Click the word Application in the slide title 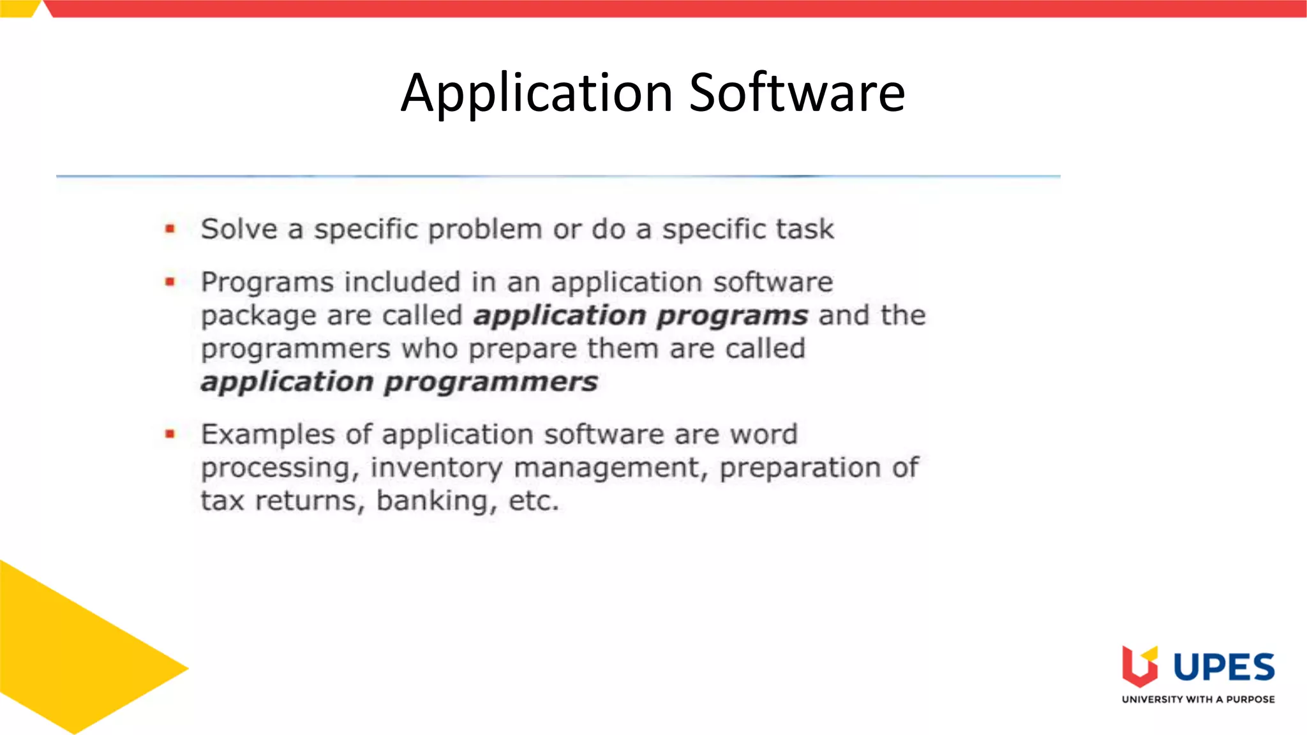(536, 93)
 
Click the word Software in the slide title (797, 93)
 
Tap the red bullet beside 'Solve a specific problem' (170, 228)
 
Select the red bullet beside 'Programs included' (170, 281)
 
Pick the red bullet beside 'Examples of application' (170, 434)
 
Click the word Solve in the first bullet (239, 229)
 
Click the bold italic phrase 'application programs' (641, 316)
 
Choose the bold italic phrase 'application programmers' (400, 382)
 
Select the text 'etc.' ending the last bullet (534, 501)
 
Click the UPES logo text (1223, 667)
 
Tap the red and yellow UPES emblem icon (1140, 666)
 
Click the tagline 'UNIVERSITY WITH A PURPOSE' (1198, 699)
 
